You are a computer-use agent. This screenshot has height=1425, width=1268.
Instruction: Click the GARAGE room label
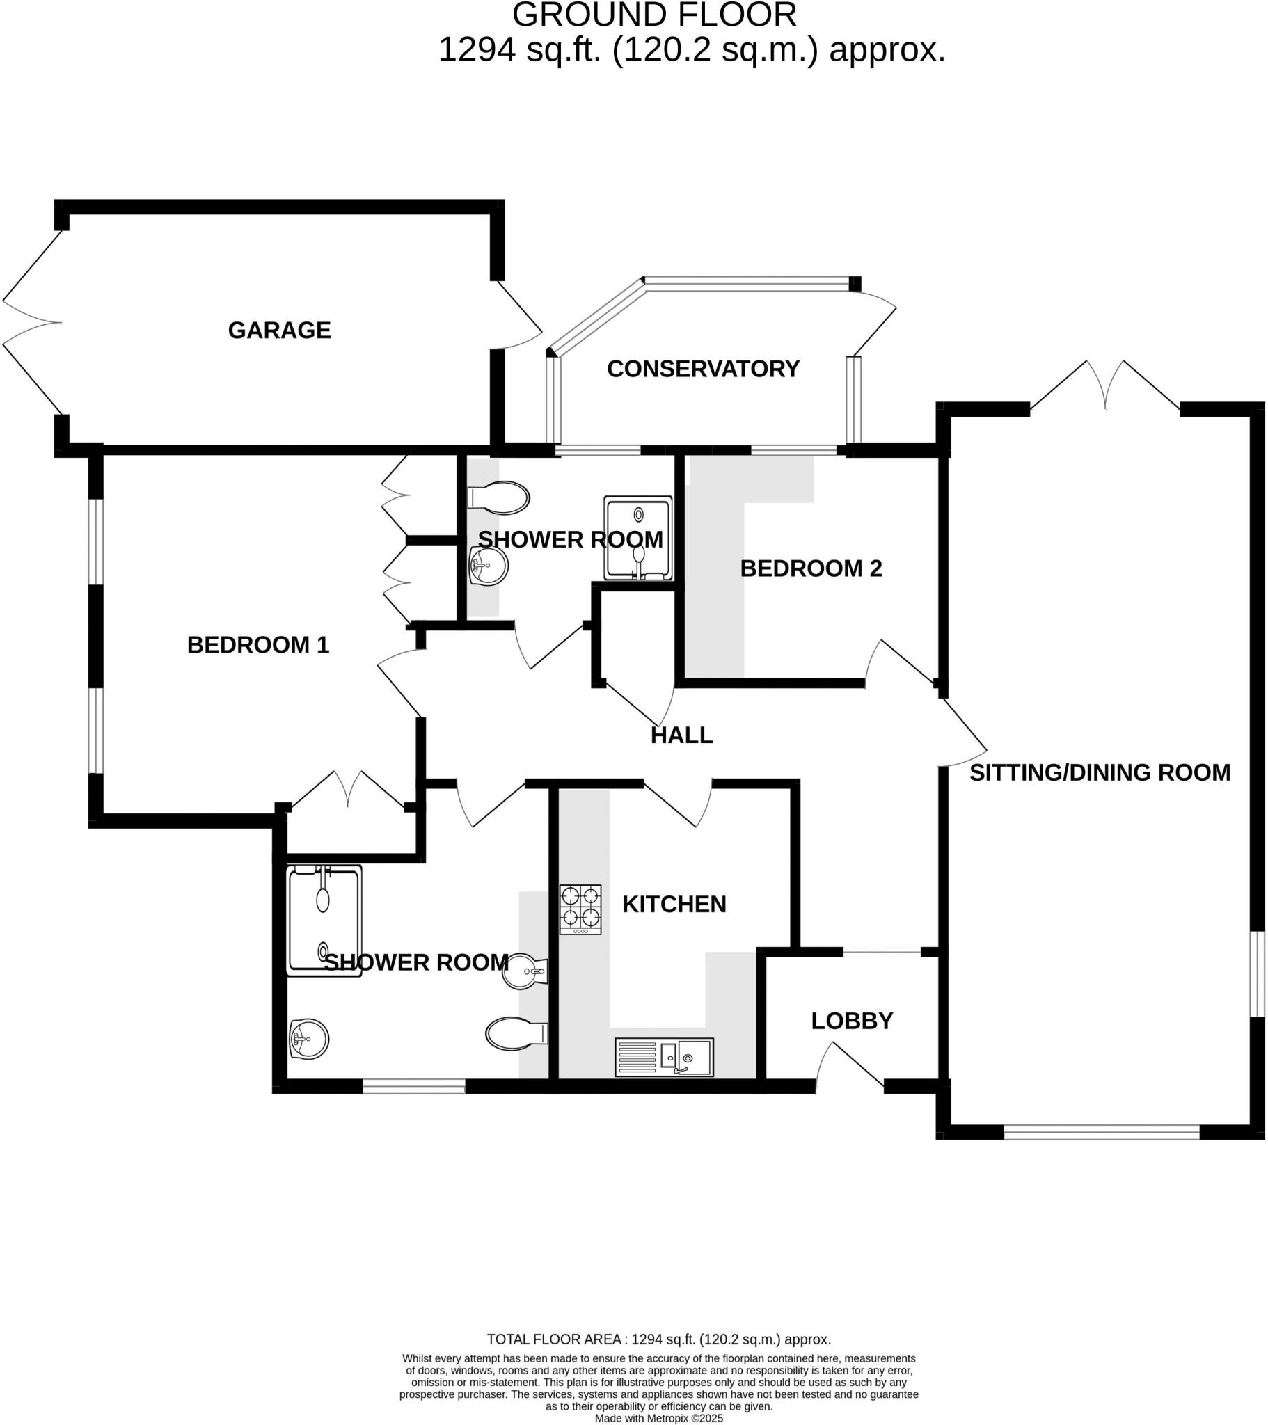tap(279, 330)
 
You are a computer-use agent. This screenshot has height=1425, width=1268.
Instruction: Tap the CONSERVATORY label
tap(702, 369)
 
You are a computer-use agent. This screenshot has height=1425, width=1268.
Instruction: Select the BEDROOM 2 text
tap(811, 568)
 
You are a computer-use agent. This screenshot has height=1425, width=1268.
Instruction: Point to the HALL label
tap(681, 735)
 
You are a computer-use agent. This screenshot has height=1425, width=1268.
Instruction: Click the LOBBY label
tap(852, 1021)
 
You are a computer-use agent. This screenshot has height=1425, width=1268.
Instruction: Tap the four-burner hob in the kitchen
tap(580, 910)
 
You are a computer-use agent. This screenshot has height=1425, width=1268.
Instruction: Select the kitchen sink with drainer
tap(663, 1057)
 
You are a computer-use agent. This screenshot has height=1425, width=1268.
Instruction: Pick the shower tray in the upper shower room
tap(637, 539)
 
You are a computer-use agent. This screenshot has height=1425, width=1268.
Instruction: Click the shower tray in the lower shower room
tap(324, 921)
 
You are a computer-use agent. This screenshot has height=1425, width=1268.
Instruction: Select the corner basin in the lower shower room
tap(308, 1040)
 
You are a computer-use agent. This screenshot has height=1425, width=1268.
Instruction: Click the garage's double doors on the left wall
tap(31, 323)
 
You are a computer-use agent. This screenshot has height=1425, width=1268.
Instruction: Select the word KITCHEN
tap(674, 905)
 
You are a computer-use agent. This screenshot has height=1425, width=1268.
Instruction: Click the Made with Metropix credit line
tap(658, 1418)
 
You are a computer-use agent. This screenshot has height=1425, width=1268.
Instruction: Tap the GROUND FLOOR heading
tap(654, 15)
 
